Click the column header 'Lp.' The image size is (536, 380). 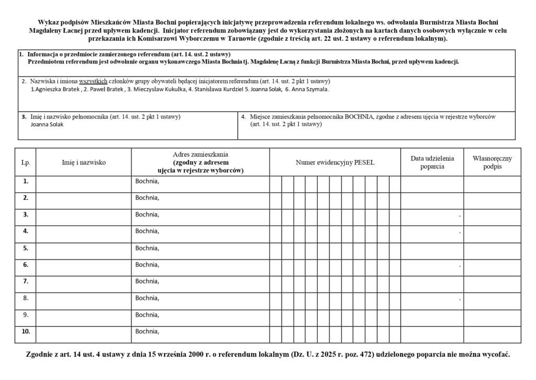25,162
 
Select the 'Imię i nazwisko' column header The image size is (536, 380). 84,162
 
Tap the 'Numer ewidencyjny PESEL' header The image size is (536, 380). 335,162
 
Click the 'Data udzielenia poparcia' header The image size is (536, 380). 432,162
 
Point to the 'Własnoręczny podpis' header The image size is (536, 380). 492,162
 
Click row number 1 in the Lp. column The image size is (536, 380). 25,181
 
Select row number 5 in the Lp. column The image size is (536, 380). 25,248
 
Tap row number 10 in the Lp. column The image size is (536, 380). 26,331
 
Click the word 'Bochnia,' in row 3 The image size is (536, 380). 147,214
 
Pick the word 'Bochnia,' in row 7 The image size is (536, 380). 147,281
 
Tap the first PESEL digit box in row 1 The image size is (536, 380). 276,184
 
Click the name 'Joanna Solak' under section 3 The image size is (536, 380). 47,125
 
